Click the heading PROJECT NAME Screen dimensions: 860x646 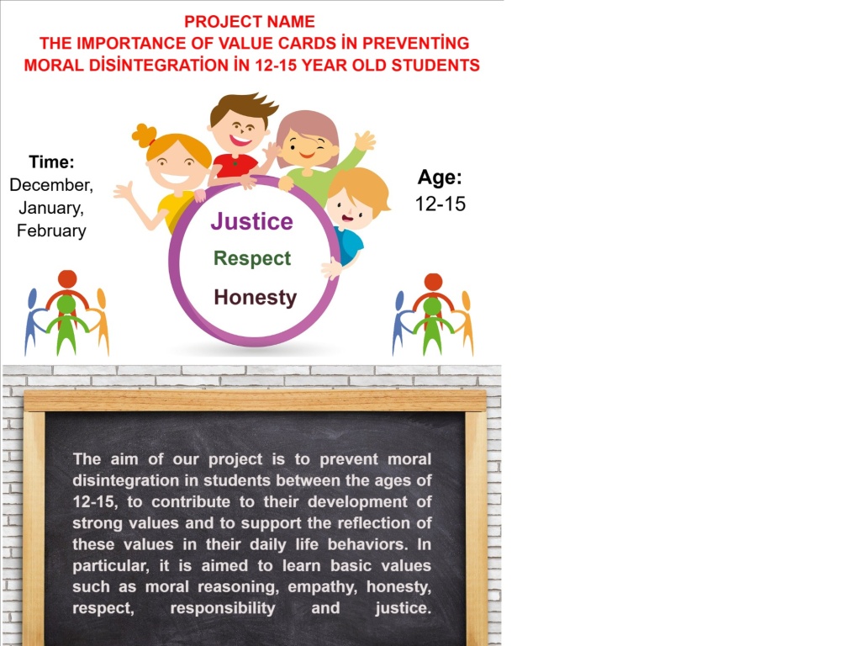[250, 21]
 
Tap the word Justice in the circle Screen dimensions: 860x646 [251, 221]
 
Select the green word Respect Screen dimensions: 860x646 [252, 258]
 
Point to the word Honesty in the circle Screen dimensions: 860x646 [256, 297]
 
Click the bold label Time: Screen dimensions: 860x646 [51, 161]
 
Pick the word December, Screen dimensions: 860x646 [51, 185]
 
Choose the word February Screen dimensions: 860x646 [51, 230]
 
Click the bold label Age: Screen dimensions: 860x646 [440, 177]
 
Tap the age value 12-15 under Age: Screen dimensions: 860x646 [441, 204]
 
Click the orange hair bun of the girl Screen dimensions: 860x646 [145, 135]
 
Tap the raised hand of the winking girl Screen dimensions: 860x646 [365, 140]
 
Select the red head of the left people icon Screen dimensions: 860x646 [67, 278]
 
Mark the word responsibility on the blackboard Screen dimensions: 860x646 [223, 608]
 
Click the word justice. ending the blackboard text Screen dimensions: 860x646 [404, 608]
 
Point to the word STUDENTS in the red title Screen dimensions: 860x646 [435, 65]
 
